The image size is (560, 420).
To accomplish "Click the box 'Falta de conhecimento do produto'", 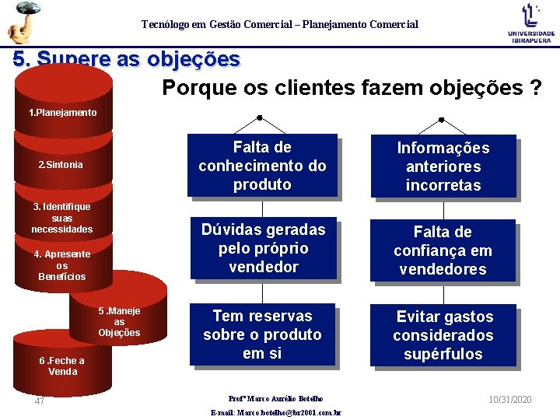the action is pos(262,166).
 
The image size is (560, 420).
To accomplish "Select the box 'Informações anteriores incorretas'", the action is pos(443,166).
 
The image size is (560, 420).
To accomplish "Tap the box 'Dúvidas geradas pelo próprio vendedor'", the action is pos(263,248).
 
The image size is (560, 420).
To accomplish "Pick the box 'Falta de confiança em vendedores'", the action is pos(443,250).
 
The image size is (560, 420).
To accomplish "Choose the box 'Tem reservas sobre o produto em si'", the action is pos(262,334).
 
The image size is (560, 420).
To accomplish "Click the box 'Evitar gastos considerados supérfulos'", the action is pos(443,335).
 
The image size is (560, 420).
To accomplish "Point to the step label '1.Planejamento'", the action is pos(63,113).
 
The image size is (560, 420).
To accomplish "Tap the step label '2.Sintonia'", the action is pos(61,165).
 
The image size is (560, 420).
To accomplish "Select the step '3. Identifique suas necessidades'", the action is pos(62,218).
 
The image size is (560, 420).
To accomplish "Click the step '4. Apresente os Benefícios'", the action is pos(62,265).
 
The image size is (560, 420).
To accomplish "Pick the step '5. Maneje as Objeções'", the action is pos(119,322).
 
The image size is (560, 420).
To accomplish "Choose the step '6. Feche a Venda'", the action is pos(62,366).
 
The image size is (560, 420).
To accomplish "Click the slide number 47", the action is pos(40,401).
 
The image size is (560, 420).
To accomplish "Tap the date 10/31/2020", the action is pos(510,399).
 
